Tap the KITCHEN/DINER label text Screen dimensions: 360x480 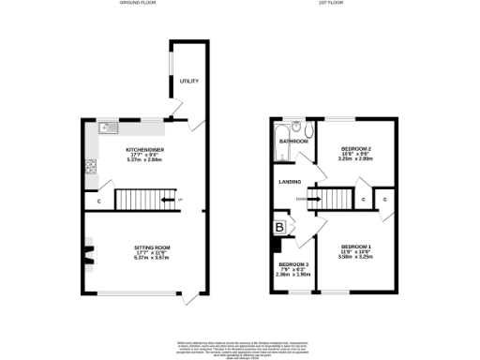point(144,148)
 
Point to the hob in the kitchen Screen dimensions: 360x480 point(91,169)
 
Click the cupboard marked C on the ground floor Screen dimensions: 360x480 point(97,200)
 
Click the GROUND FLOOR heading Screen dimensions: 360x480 point(137,4)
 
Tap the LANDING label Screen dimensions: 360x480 point(287,182)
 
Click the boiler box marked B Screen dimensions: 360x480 point(278,227)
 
